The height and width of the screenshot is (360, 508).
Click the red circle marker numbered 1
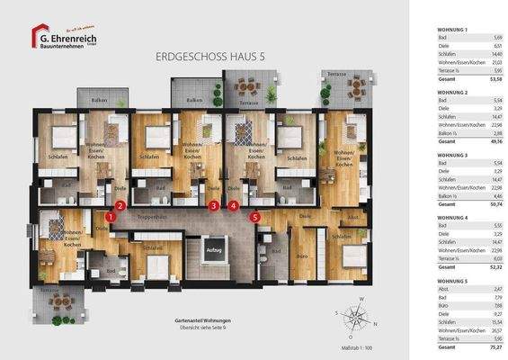(x=110, y=217)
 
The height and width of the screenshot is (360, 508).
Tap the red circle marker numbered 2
(x=120, y=206)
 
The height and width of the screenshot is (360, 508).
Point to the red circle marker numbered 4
(x=234, y=206)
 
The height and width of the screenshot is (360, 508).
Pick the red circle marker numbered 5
(x=255, y=216)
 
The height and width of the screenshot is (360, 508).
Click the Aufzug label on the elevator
(x=213, y=249)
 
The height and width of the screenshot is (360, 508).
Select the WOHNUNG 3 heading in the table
(x=452, y=156)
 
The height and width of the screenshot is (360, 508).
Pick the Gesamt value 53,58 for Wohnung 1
(x=494, y=78)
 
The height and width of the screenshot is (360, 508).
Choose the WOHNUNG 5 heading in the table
(x=452, y=280)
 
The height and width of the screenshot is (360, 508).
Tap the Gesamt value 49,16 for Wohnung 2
(x=494, y=141)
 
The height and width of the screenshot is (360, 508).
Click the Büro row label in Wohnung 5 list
(x=441, y=305)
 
